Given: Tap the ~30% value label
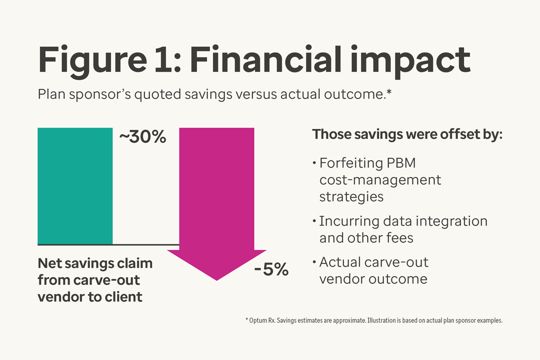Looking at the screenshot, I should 142,137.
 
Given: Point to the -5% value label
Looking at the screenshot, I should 271,269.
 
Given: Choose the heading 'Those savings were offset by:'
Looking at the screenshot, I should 407,135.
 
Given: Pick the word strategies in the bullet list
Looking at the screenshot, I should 351,196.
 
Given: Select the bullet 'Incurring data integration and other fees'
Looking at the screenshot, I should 402,229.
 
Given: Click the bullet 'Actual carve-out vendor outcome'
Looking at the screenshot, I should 373,270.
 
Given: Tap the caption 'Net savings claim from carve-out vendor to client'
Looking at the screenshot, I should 95,279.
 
